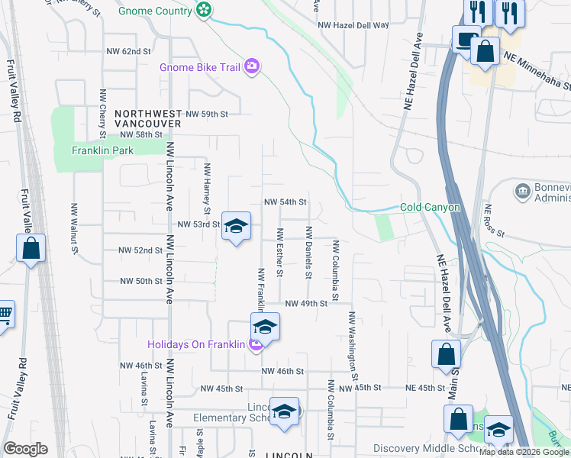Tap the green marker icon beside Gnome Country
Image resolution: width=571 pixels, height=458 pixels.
point(204,9)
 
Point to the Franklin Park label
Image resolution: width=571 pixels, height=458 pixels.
point(102,150)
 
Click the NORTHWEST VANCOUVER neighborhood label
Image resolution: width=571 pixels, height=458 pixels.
point(148,118)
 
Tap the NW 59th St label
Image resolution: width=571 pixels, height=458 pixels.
point(207,114)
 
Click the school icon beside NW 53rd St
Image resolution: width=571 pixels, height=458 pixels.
point(237,226)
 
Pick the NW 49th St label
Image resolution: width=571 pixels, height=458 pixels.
point(306,304)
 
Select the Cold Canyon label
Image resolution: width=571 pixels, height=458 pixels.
point(431,208)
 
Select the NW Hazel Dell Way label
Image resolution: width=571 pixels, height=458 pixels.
point(353,25)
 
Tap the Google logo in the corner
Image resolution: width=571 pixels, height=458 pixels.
point(25,449)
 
